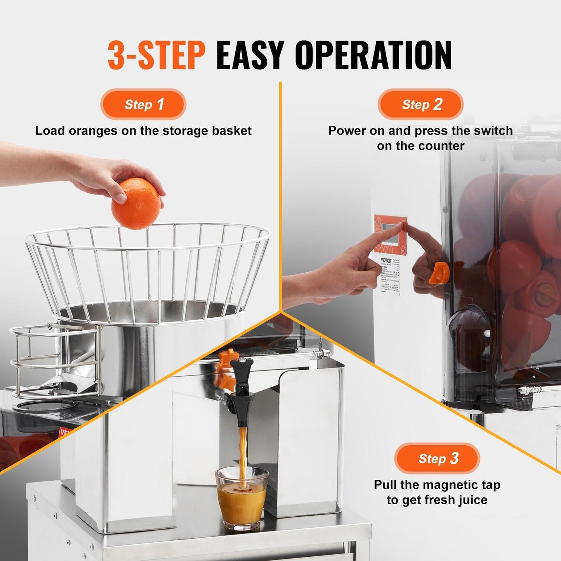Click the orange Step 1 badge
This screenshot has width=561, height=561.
(143, 104)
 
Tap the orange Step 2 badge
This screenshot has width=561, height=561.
(421, 104)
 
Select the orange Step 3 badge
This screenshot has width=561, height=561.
(438, 459)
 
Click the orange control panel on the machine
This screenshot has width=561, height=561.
(390, 234)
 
